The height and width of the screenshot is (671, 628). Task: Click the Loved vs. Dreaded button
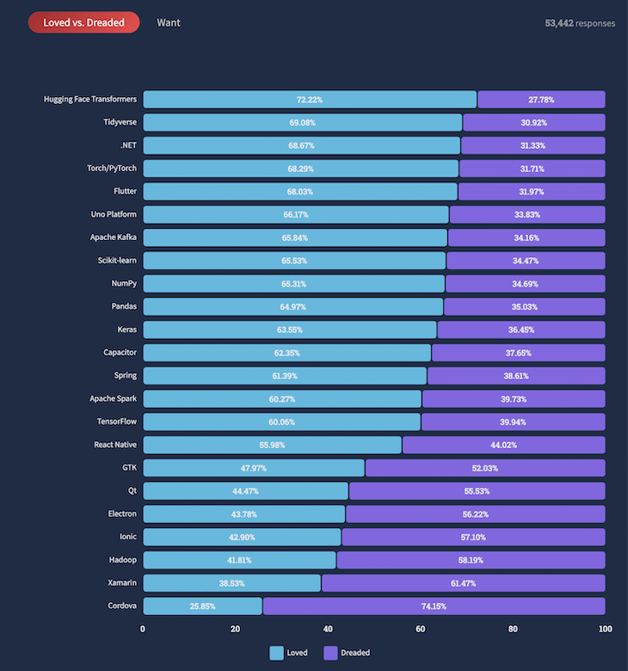(x=83, y=22)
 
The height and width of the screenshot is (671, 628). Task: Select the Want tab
(x=169, y=22)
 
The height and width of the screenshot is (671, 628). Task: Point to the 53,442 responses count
(x=580, y=23)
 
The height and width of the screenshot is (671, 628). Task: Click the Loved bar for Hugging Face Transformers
(x=310, y=100)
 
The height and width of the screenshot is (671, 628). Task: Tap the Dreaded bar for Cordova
(x=434, y=606)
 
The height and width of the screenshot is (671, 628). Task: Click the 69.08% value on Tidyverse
(x=303, y=123)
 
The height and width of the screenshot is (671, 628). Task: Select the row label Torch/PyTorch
(x=112, y=169)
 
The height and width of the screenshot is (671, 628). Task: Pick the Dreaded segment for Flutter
(x=532, y=192)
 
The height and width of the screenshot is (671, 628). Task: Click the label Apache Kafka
(x=113, y=237)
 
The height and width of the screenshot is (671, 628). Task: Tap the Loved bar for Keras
(x=290, y=329)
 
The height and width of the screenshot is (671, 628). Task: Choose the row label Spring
(x=125, y=376)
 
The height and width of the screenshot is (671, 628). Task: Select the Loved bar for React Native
(x=272, y=445)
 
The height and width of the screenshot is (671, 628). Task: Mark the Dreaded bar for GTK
(x=485, y=468)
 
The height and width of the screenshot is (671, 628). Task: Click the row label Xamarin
(x=120, y=583)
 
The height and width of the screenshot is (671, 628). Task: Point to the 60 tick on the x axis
(x=420, y=629)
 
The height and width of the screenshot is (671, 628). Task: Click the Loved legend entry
(x=289, y=653)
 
